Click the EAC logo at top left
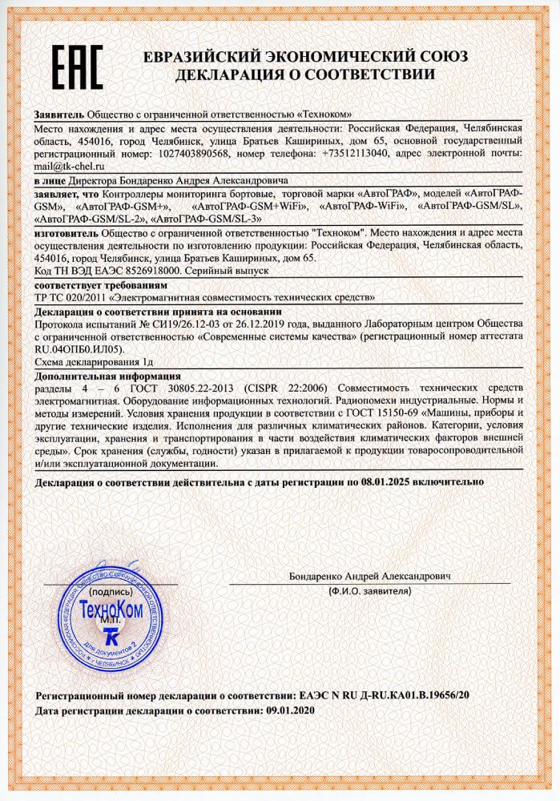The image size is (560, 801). (78, 66)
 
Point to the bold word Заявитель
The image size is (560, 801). (58, 114)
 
